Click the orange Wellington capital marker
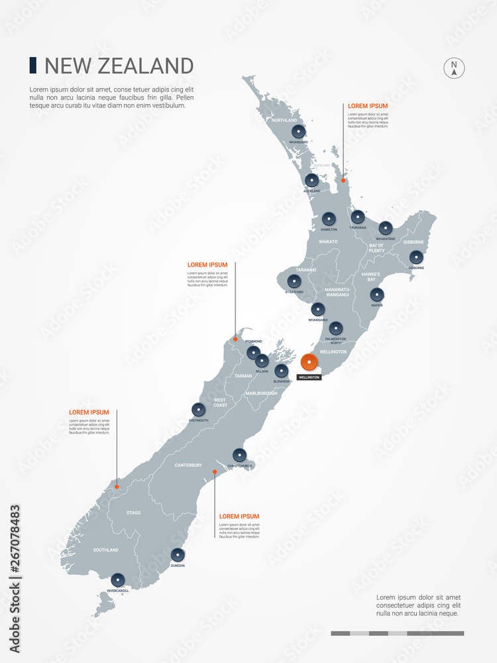(x=309, y=363)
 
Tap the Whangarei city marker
(x=298, y=131)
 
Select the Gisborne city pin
(x=416, y=257)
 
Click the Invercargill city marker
(x=118, y=580)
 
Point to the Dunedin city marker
(x=178, y=555)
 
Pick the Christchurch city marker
(x=240, y=455)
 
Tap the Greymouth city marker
(x=198, y=410)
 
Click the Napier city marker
(x=377, y=295)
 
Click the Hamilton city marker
(x=329, y=219)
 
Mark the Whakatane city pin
(x=386, y=228)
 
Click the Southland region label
(x=106, y=550)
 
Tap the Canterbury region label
(x=188, y=465)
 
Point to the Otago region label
(x=134, y=512)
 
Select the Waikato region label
(x=328, y=242)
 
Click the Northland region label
(x=284, y=121)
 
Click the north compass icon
(x=454, y=68)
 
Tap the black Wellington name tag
(x=309, y=377)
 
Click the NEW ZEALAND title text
(x=119, y=66)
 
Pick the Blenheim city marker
(x=282, y=371)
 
